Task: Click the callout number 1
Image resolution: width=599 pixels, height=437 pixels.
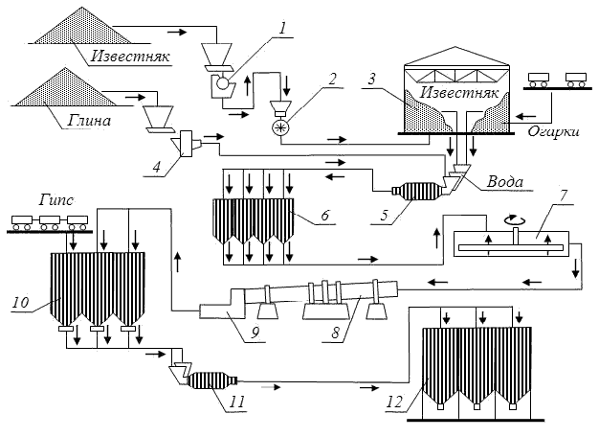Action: [x=283, y=27]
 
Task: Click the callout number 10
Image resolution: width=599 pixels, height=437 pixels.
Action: [x=20, y=302]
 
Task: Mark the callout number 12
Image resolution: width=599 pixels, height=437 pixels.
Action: [x=393, y=403]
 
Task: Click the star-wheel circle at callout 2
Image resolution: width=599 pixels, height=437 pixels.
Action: [x=281, y=127]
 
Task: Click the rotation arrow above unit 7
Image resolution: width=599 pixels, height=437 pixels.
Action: [x=518, y=218]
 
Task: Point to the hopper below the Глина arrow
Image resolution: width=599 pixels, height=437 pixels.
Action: [x=156, y=117]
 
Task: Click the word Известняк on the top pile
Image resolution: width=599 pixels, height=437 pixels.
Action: [x=130, y=55]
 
